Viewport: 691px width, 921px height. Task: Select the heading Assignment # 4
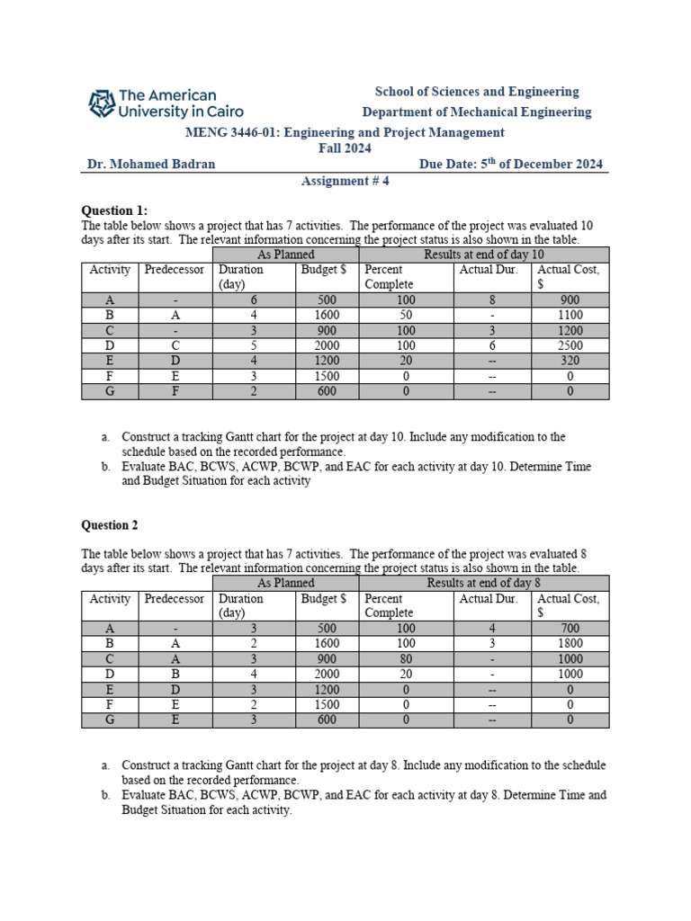click(345, 181)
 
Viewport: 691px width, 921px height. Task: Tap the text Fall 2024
click(345, 148)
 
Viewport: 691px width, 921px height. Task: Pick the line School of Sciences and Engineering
click(477, 92)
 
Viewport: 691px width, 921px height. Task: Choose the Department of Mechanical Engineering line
click(477, 112)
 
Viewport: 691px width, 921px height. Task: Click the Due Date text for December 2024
click(511, 164)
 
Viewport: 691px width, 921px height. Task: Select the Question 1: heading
click(114, 210)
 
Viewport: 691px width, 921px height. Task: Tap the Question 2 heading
click(111, 525)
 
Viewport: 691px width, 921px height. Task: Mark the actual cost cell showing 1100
click(570, 316)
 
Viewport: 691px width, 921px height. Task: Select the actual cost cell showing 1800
click(570, 644)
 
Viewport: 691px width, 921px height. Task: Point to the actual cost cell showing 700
click(570, 629)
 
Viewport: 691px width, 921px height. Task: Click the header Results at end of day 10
click(484, 255)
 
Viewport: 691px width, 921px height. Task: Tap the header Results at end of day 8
click(484, 583)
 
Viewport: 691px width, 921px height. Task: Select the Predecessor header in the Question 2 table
click(175, 599)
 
